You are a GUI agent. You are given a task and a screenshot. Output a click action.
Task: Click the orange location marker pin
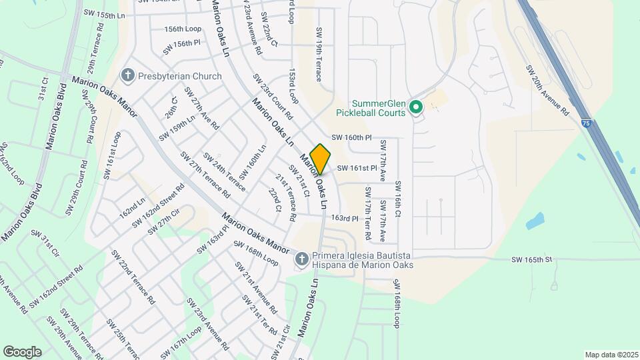tap(321, 159)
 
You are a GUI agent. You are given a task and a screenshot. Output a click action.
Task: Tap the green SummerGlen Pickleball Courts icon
tap(417, 107)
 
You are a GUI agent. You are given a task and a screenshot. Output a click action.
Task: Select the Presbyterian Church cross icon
tap(127, 76)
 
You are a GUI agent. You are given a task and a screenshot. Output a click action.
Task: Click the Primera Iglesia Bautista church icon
tap(301, 259)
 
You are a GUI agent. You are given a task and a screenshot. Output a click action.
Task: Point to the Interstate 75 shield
tap(585, 123)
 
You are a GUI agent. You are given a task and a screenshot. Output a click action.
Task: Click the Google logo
tap(22, 352)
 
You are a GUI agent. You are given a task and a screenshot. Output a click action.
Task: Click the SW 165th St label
tap(533, 259)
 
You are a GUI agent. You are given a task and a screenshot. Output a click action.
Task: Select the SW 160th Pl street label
tap(351, 137)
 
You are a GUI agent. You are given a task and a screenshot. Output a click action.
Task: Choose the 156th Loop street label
tap(183, 29)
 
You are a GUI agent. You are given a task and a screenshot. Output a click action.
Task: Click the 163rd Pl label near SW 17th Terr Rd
tap(345, 218)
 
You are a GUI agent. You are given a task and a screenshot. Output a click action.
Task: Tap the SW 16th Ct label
tap(398, 199)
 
